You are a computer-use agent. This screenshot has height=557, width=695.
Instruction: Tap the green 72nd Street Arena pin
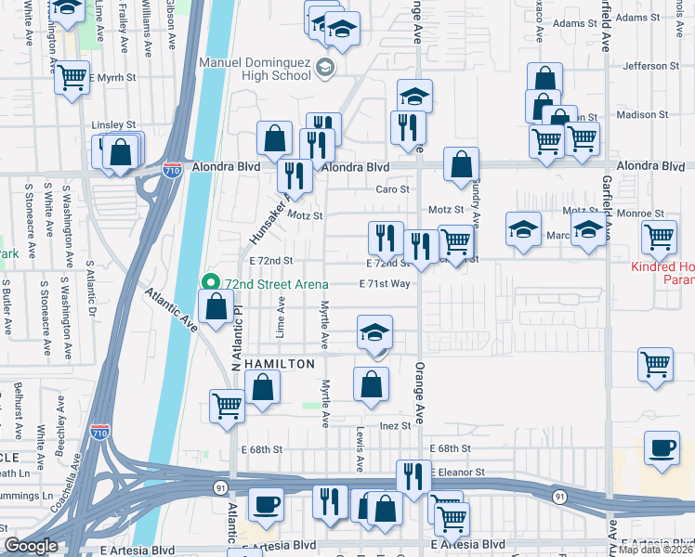[x=211, y=282]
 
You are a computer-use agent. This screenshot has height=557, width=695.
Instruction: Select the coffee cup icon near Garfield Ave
[x=662, y=448]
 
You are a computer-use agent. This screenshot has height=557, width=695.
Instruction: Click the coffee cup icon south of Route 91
[x=267, y=504]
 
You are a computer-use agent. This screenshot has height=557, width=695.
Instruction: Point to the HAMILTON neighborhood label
[x=280, y=365]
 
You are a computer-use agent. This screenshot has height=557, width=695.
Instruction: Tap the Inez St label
[x=394, y=426]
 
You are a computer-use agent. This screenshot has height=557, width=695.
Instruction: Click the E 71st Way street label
[x=385, y=284]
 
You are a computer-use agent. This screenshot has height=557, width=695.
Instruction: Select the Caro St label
[x=392, y=188]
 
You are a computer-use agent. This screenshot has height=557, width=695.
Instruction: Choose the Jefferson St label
[x=658, y=66]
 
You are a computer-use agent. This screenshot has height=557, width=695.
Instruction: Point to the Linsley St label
[x=113, y=124]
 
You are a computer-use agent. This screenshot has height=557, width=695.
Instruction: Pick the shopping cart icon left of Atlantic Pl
[x=228, y=407]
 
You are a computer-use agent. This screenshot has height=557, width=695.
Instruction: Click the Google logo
[x=31, y=546]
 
